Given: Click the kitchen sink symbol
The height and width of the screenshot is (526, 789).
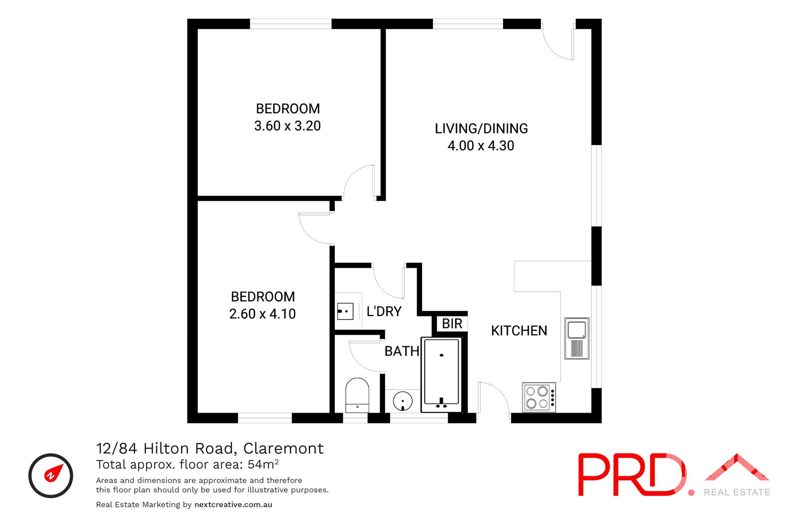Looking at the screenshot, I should click(x=576, y=339).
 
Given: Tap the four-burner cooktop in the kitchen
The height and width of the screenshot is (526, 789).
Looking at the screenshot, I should click(x=539, y=397).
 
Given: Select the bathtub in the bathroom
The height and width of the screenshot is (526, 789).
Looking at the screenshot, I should click(x=441, y=375).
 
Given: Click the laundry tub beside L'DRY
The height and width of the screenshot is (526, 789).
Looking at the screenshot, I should click(x=345, y=312).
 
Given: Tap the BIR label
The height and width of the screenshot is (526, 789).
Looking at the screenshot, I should click(x=452, y=324).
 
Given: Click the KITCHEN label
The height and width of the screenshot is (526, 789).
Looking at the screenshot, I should click(x=519, y=331).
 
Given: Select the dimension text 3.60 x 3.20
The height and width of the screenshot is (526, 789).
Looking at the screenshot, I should click(x=287, y=126).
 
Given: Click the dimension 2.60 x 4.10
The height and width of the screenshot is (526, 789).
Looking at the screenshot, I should click(x=262, y=314).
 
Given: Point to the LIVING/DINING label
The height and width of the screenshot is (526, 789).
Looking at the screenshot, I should click(x=481, y=129).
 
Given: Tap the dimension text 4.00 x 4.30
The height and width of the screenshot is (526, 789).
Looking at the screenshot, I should click(x=481, y=146).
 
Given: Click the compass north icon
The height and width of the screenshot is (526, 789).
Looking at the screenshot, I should click(x=51, y=475).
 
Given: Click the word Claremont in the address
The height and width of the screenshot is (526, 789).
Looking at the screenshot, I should click(x=284, y=449).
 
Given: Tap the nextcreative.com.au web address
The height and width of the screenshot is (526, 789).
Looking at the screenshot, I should click(x=233, y=505).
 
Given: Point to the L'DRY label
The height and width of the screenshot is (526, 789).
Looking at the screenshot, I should click(x=384, y=312).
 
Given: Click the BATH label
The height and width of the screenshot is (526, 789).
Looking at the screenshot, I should click(x=401, y=351).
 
